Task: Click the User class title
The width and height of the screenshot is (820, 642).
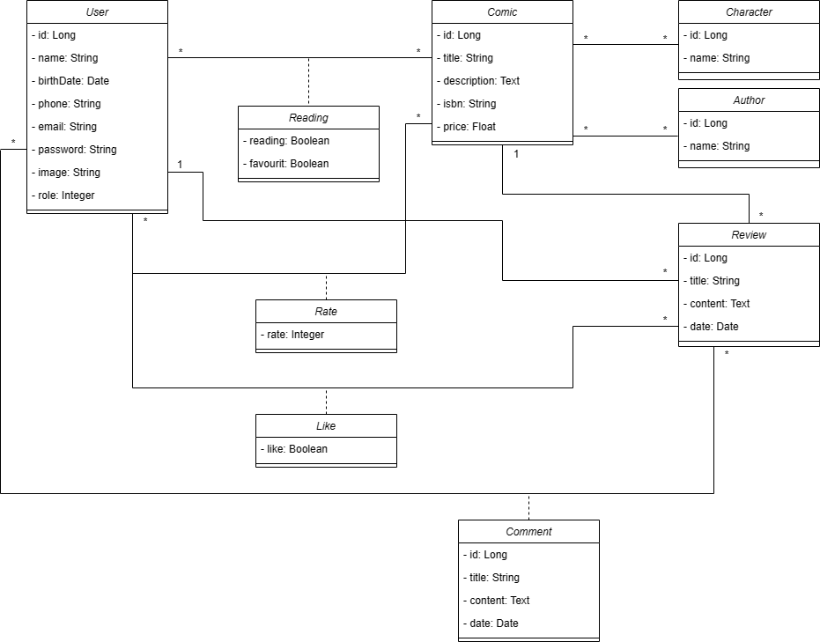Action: click(97, 12)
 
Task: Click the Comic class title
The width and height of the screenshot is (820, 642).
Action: click(502, 12)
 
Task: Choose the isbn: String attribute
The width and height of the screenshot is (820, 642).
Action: click(469, 104)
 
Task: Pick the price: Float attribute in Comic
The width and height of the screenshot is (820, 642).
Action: click(469, 127)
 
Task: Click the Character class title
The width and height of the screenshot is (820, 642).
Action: click(749, 12)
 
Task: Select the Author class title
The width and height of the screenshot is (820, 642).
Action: click(749, 100)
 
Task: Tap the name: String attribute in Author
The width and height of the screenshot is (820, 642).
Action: click(717, 146)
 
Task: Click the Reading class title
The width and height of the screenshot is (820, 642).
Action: click(308, 118)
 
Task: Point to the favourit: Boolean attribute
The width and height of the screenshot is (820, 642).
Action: click(285, 164)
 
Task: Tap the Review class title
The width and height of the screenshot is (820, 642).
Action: click(749, 235)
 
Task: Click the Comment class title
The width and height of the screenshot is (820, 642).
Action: click(528, 532)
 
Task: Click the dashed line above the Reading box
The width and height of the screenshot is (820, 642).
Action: click(308, 82)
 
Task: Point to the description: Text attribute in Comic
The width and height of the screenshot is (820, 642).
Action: click(481, 81)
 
